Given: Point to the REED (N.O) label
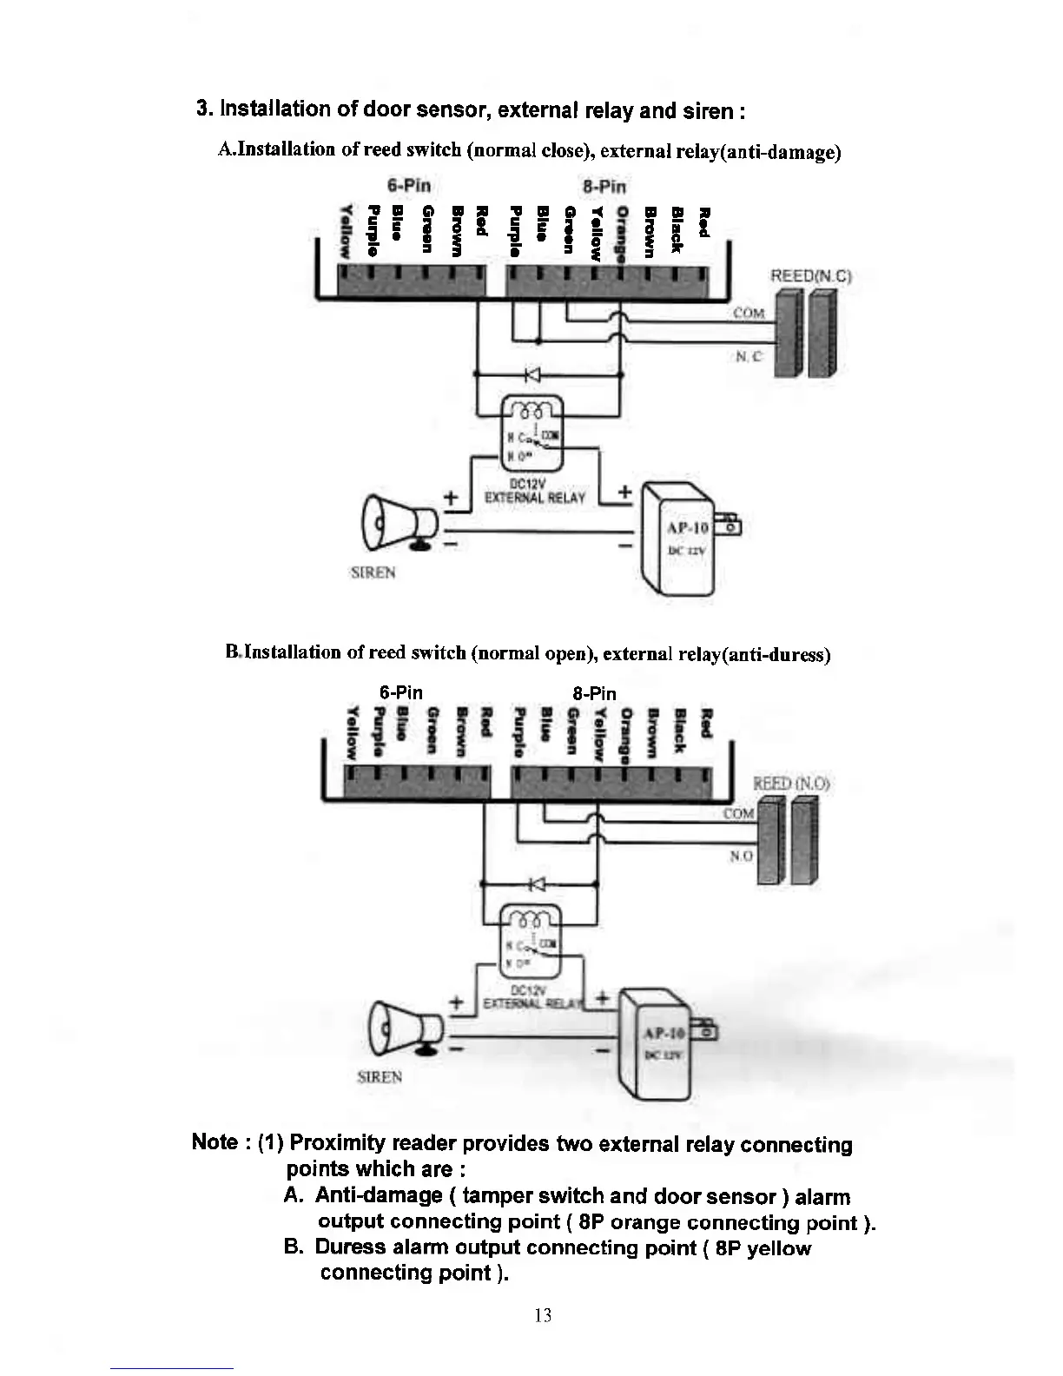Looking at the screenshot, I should click(x=792, y=784).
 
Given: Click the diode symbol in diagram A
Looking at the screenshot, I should click(x=532, y=374).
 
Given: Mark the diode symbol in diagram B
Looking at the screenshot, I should click(x=536, y=884).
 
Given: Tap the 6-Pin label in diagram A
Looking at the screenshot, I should click(x=408, y=186).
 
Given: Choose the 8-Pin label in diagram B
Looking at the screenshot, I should click(x=595, y=693).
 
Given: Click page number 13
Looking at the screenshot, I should click(x=543, y=1315).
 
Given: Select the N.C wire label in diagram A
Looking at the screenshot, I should click(x=749, y=357).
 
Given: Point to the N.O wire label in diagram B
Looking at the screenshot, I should click(x=741, y=856).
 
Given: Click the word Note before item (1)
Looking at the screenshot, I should click(x=215, y=1142).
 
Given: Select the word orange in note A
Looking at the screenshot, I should click(x=644, y=1222).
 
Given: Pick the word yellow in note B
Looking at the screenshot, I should click(x=778, y=1248).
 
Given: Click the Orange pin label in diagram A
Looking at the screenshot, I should click(x=621, y=233).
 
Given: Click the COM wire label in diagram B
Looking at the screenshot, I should click(x=738, y=814).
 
